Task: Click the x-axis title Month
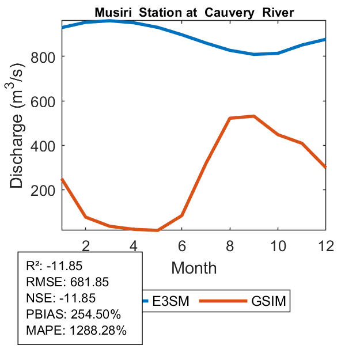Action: click(x=194, y=268)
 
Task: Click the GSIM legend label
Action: click(x=269, y=301)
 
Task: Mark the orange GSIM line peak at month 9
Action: click(x=253, y=116)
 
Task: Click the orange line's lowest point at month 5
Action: click(x=157, y=230)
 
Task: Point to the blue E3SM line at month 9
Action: click(x=253, y=54)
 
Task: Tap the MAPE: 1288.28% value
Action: click(x=76, y=331)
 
